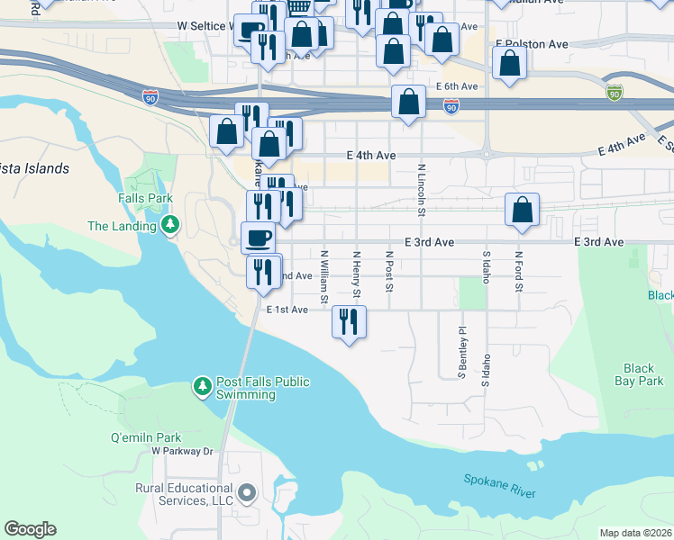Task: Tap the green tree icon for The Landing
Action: point(168,224)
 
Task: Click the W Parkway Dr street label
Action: point(182,451)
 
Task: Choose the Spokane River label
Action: point(500,486)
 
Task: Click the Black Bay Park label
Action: point(644,374)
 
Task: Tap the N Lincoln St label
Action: point(421,190)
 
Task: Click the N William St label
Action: point(323,276)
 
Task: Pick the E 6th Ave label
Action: point(456,86)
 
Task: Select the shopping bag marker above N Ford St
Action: point(522,210)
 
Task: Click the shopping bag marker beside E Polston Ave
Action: point(510,63)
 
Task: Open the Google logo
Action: point(30,529)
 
